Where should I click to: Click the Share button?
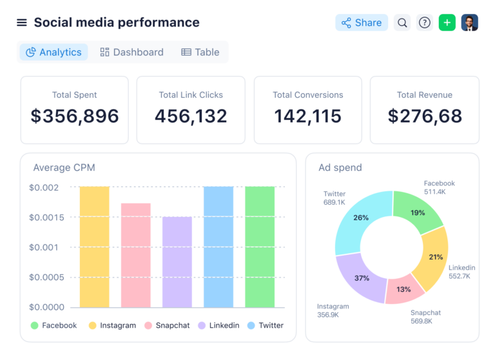pos(362,23)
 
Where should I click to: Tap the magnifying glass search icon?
pos(402,23)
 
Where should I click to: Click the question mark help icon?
pos(424,23)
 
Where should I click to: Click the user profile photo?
pos(469,23)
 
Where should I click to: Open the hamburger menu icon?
pos(22,23)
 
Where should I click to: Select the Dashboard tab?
pos(131,52)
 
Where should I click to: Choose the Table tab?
pos(200,52)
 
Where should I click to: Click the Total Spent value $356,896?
pos(75,116)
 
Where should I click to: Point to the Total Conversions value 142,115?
pos(307,116)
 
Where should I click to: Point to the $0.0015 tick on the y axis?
pos(47,218)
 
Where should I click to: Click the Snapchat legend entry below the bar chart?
pos(167,325)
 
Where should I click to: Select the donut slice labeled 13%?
pos(403,289)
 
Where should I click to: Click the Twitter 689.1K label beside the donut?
pos(335,198)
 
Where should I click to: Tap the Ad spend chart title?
pos(340,167)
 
